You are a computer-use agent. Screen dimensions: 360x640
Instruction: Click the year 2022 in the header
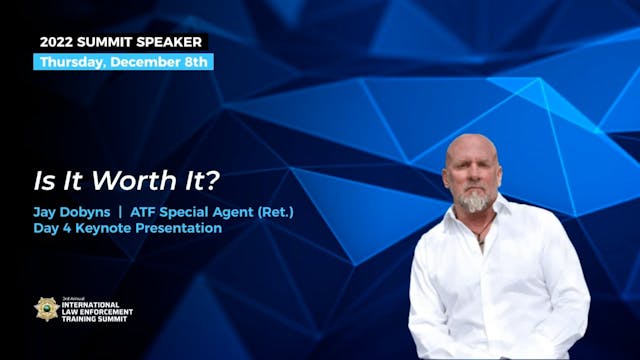point(58,42)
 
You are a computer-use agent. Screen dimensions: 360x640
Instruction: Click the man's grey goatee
point(476,202)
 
